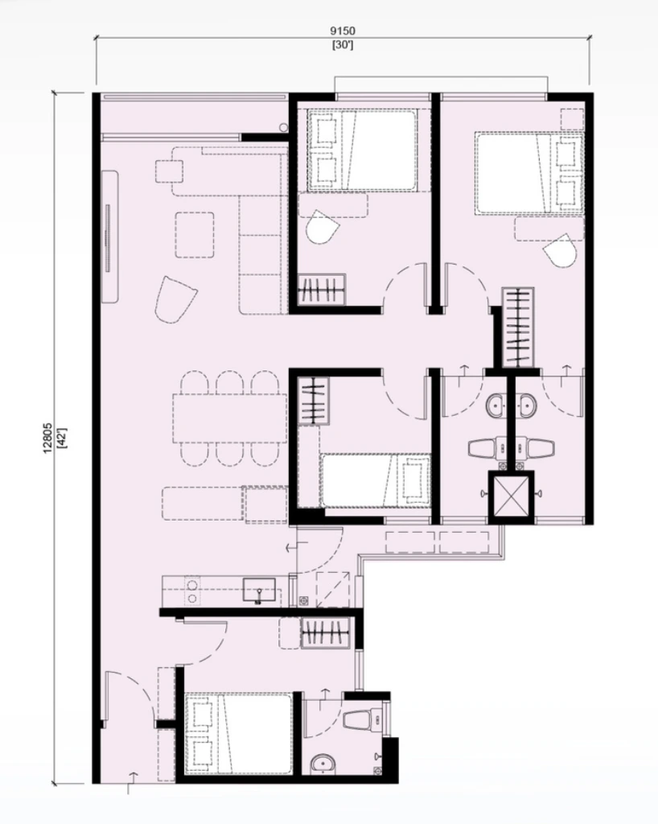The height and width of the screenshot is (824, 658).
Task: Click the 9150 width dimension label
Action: click(343, 31)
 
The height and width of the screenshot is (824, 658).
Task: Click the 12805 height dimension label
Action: click(47, 439)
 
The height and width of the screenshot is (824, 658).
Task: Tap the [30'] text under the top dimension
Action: click(343, 45)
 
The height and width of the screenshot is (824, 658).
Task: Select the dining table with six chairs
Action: click(229, 418)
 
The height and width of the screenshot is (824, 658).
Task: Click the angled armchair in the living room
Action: click(175, 299)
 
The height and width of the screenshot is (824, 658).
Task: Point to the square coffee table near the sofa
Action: click(195, 234)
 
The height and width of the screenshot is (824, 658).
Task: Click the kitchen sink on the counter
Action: click(259, 589)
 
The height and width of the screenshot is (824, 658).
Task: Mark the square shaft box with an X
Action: click(510, 494)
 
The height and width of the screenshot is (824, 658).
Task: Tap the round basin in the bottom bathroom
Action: click(325, 761)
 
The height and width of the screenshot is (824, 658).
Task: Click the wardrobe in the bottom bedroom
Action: click(325, 632)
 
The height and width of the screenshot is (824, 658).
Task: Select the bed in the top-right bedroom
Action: click(528, 174)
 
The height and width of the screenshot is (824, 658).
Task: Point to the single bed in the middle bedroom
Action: click(375, 480)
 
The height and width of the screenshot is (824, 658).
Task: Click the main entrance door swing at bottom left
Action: click(125, 700)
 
